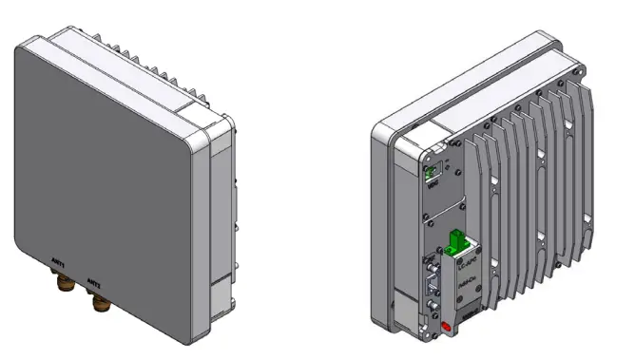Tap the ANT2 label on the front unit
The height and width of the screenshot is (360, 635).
(x=95, y=281)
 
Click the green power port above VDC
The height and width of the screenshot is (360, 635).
(x=432, y=173)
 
